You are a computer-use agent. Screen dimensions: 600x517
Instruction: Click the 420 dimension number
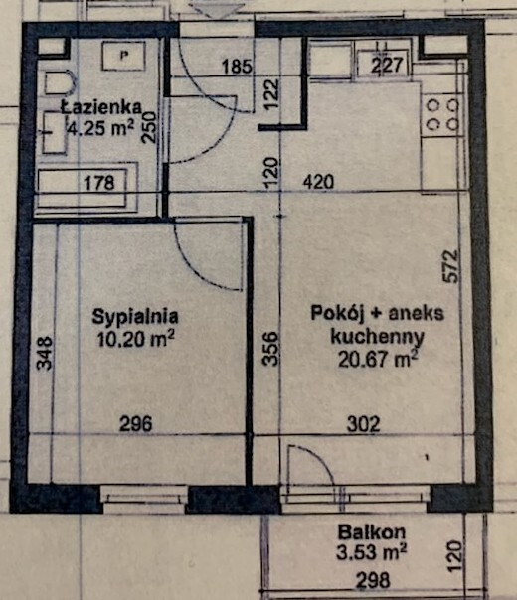318,183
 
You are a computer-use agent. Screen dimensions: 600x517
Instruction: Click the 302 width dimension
363,425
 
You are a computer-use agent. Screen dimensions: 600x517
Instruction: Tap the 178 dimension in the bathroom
99,183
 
